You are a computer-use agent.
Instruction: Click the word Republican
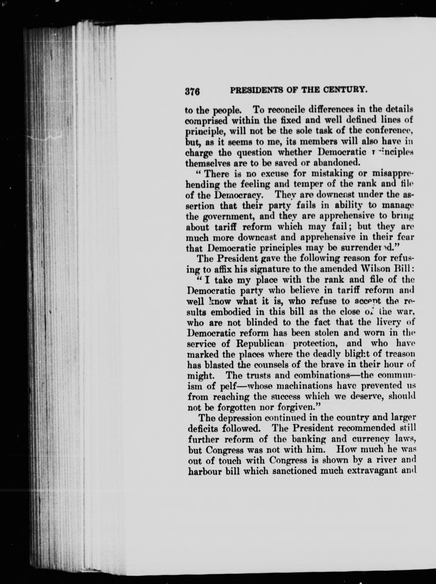[x=260, y=344]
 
